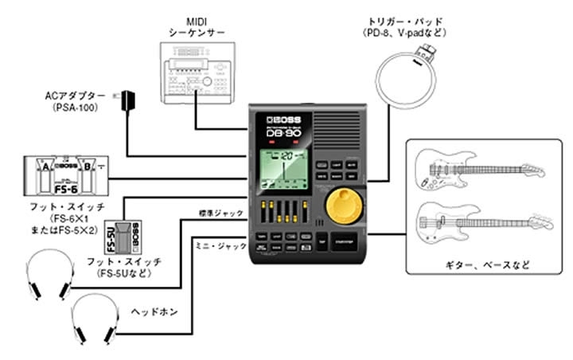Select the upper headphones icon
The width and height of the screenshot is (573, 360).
[x=49, y=275]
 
